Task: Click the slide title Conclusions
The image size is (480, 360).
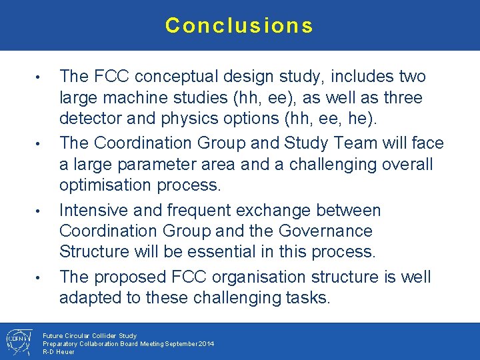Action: tap(239, 25)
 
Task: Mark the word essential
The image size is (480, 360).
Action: tap(221, 252)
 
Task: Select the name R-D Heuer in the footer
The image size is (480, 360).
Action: tap(59, 351)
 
